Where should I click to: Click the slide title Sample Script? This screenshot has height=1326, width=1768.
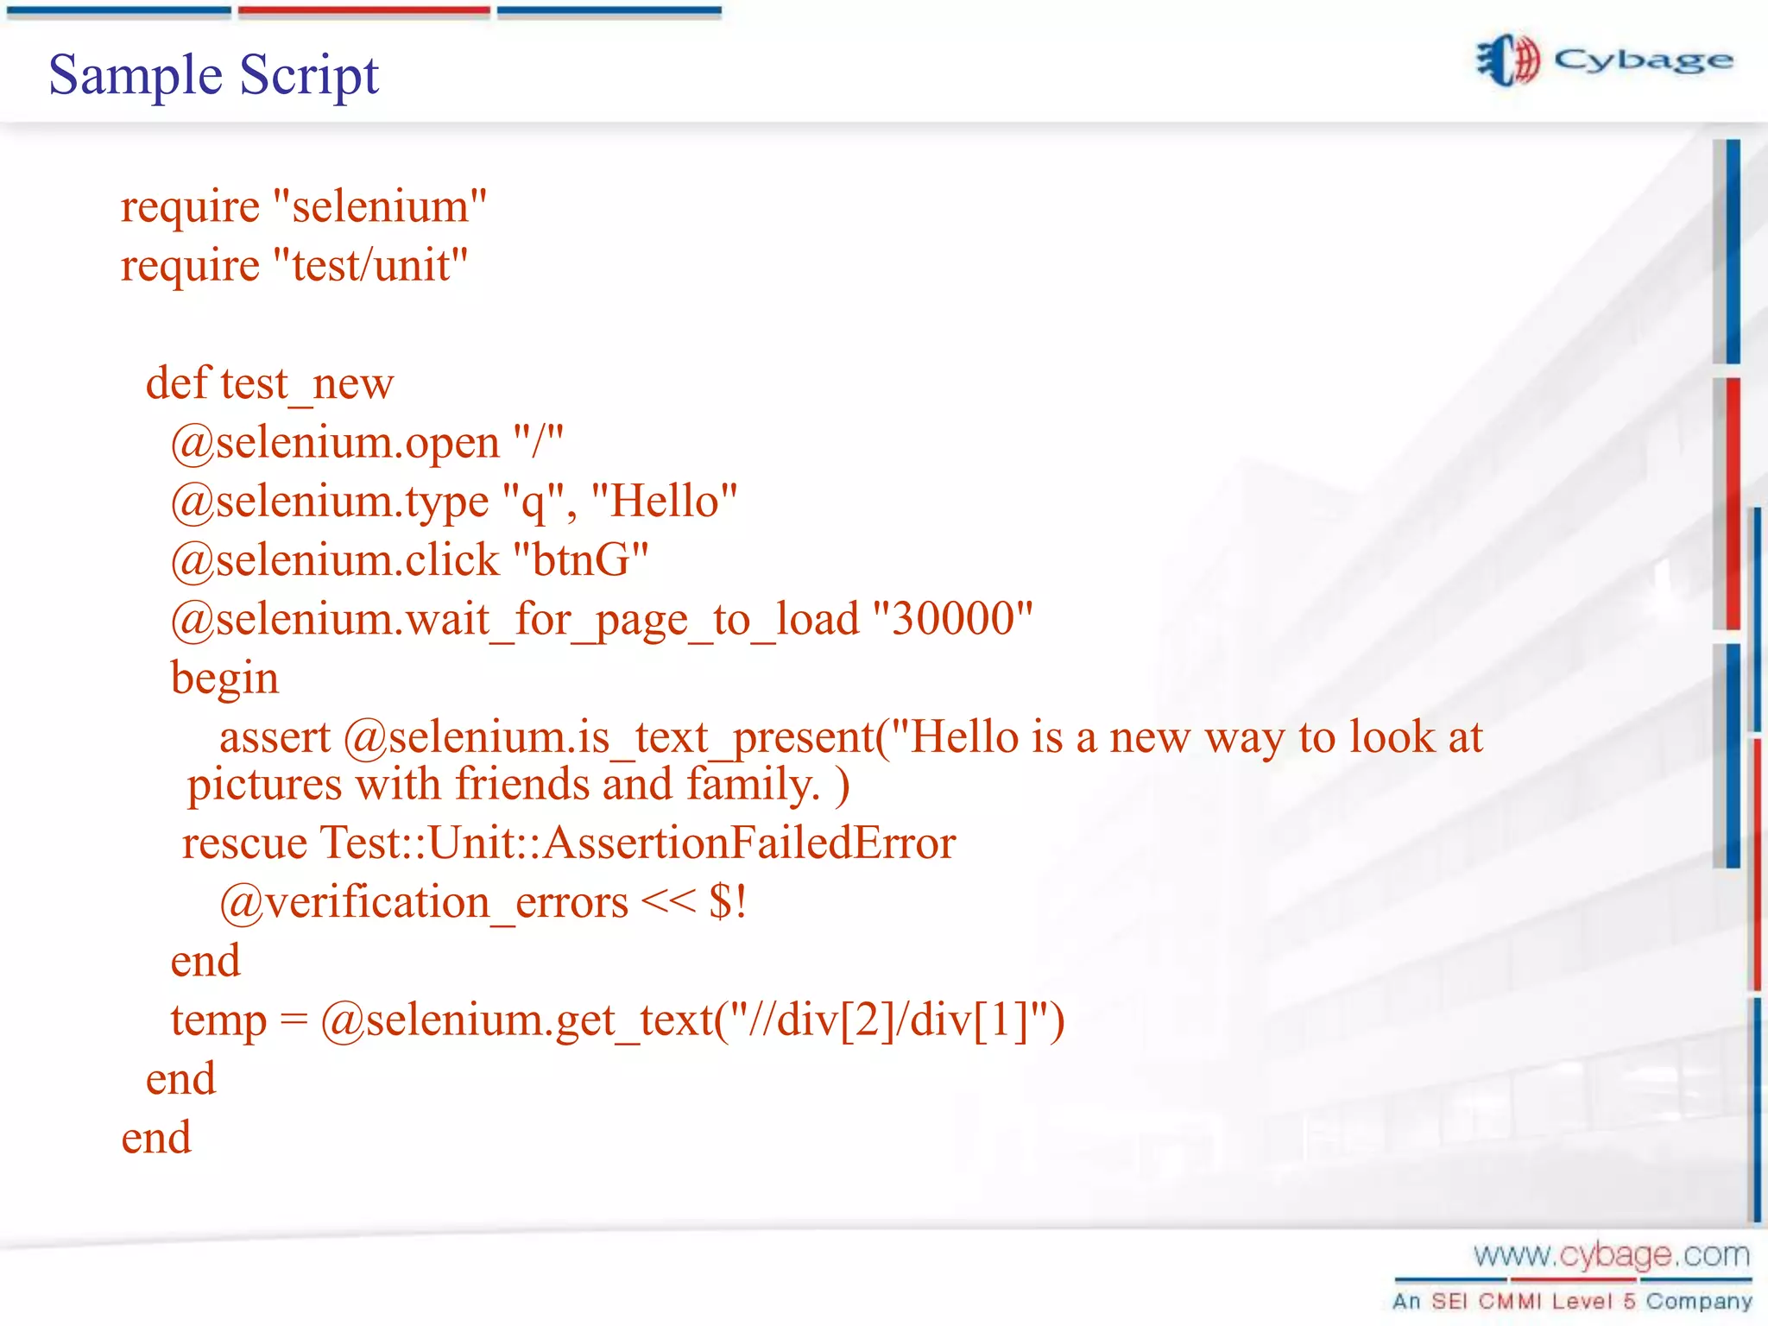pyautogui.click(x=213, y=75)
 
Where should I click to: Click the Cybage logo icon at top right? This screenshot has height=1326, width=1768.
pyautogui.click(x=1507, y=60)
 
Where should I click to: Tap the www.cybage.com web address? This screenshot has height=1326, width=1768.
pyautogui.click(x=1611, y=1254)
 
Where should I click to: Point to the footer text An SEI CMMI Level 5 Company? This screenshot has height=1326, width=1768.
pyautogui.click(x=1572, y=1301)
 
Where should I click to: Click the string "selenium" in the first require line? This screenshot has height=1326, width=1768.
pyautogui.click(x=380, y=207)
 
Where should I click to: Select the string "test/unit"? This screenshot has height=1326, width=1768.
pyautogui.click(x=370, y=266)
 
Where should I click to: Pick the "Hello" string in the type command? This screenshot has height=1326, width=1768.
pyautogui.click(x=664, y=502)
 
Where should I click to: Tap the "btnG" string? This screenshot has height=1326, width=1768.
pyautogui.click(x=580, y=560)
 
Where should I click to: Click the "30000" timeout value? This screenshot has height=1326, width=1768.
pyautogui.click(x=953, y=619)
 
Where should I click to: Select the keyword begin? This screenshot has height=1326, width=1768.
pyautogui.click(x=224, y=679)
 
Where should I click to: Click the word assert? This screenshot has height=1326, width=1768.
pyautogui.click(x=275, y=737)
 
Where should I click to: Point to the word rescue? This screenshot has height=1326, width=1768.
pyautogui.click(x=244, y=843)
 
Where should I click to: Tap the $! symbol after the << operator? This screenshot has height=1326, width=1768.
pyautogui.click(x=727, y=903)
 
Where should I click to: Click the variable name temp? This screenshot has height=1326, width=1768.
pyautogui.click(x=218, y=1020)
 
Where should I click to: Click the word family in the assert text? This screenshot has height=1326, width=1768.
pyautogui.click(x=752, y=785)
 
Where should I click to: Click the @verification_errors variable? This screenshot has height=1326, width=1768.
pyautogui.click(x=424, y=903)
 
